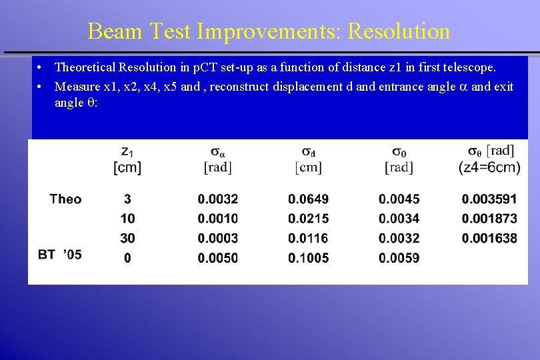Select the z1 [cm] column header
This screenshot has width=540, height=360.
point(127,160)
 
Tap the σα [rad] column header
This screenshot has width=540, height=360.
point(217,160)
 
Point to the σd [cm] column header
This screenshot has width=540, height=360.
point(308,160)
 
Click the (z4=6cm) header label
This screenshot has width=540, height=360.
point(489,167)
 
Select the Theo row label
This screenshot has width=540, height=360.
point(65,199)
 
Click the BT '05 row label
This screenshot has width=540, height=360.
point(60,254)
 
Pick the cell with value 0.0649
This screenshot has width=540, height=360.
point(308,199)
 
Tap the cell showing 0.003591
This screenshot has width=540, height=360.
point(489,199)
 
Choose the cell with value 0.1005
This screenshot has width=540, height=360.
point(308,258)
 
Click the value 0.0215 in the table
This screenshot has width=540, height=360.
point(308,219)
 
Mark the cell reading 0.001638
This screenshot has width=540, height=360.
point(489,238)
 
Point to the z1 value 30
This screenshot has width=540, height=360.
point(127,238)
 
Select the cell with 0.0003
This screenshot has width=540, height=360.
point(217,238)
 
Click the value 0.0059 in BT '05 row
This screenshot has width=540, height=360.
point(399,258)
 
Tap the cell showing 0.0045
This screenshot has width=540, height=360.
point(399,199)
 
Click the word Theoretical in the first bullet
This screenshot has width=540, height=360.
point(85,67)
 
